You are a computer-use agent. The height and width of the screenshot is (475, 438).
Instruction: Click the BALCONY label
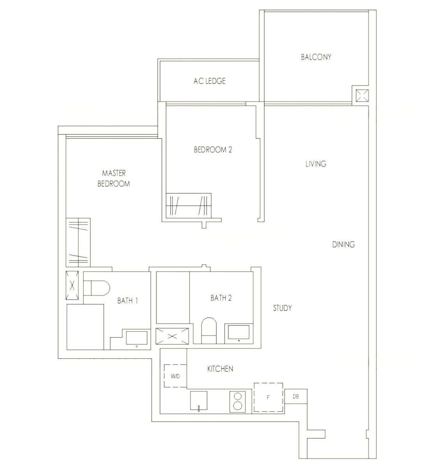point(316,57)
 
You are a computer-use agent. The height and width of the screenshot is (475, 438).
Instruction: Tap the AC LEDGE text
point(209,81)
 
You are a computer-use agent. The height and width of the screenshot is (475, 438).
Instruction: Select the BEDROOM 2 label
point(213,150)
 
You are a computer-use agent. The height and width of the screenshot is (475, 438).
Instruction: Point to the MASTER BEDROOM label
point(114,178)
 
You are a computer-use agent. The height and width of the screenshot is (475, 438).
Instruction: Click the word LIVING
point(316,164)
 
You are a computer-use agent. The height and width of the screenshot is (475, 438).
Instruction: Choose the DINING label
point(343,244)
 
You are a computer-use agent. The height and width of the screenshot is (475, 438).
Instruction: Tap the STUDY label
point(282,308)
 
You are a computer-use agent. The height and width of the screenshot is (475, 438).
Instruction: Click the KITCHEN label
point(220,368)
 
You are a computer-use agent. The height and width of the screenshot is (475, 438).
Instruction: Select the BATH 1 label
point(128,301)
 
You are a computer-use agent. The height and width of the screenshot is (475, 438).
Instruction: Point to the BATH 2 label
point(221,298)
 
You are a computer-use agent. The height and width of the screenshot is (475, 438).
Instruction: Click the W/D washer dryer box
point(175,375)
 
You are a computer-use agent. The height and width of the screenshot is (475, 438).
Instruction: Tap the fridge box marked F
point(268,397)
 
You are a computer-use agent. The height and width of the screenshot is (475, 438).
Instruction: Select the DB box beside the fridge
point(296,396)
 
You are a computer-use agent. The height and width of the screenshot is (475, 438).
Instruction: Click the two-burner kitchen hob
point(237,402)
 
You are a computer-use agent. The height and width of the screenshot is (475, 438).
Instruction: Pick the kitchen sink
point(199,401)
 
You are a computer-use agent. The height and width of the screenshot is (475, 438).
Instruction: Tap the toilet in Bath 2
point(209,330)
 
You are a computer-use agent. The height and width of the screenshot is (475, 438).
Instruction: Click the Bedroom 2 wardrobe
point(188,206)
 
